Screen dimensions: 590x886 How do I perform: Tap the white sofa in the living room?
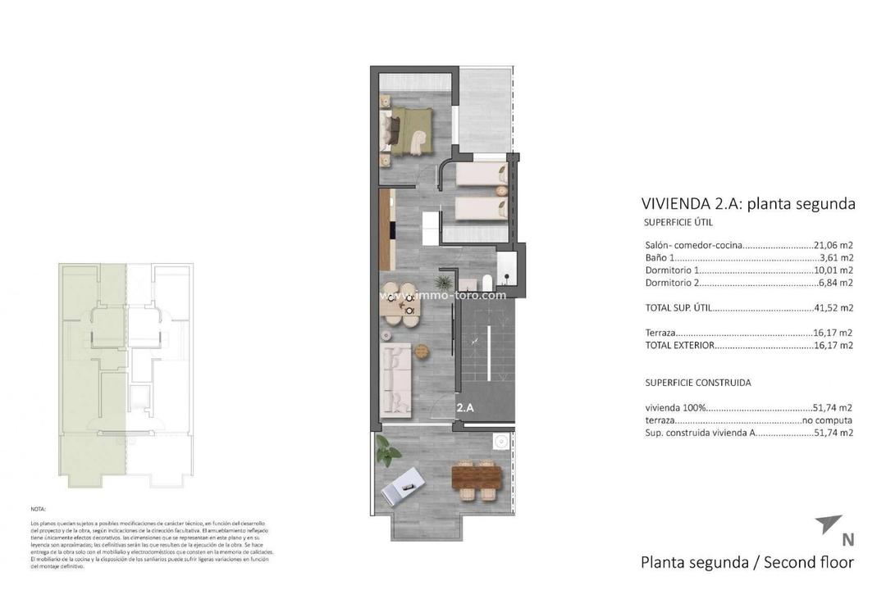pyautogui.click(x=397, y=376)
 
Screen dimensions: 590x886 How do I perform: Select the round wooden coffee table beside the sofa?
pyautogui.click(x=422, y=351)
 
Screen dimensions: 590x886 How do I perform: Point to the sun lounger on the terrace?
pyautogui.click(x=405, y=486)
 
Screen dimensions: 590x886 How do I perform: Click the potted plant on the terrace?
pyautogui.click(x=386, y=450)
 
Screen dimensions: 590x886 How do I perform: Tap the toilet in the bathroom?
pyautogui.click(x=486, y=283)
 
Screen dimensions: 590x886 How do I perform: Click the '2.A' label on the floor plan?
pyautogui.click(x=465, y=406)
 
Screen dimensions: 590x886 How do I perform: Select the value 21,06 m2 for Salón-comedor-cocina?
pyautogui.click(x=833, y=245)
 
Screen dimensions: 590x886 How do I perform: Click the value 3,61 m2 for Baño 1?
pyautogui.click(x=836, y=257)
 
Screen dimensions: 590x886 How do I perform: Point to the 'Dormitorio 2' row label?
pyautogui.click(x=673, y=283)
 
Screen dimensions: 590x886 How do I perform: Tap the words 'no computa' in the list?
pyautogui.click(x=828, y=420)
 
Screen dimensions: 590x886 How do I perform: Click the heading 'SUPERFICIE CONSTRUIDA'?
pyautogui.click(x=697, y=383)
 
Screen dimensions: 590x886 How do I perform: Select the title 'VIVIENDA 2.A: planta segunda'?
pyautogui.click(x=747, y=204)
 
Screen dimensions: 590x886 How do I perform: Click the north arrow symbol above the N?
pyautogui.click(x=829, y=524)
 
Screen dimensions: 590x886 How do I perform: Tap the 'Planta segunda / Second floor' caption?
pyautogui.click(x=747, y=562)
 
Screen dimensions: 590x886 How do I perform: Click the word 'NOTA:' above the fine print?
pyautogui.click(x=39, y=509)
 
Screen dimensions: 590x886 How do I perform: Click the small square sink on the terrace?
pyautogui.click(x=499, y=441)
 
